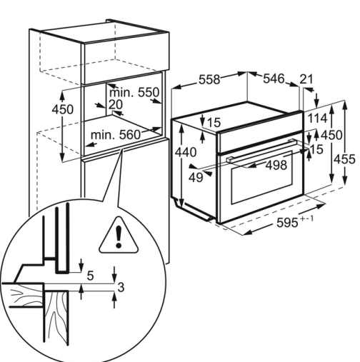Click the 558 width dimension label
209,79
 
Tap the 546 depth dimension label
274,79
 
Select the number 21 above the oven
306,79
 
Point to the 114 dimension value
317,118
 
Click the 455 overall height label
344,159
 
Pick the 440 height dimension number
186,152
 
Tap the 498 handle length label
276,165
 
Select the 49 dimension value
196,178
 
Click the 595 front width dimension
295,222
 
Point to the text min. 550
134,92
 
